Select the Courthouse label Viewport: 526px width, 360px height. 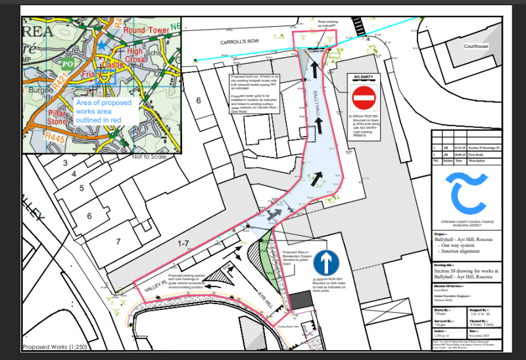click(477, 47)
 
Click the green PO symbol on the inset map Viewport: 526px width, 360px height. click(66, 64)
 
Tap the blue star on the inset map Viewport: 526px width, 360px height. click(101, 47)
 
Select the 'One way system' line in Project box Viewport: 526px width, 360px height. click(456, 246)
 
